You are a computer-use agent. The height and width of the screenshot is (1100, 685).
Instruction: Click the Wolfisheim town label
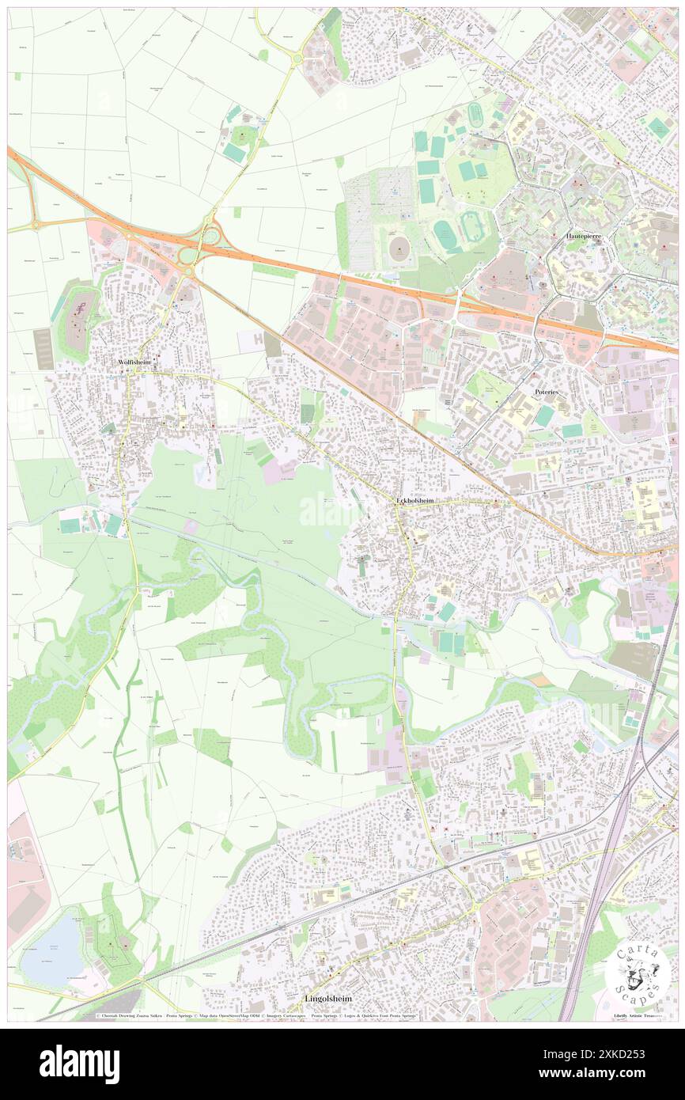pyautogui.click(x=134, y=362)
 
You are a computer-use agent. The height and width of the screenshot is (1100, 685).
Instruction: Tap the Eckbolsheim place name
pyautogui.click(x=414, y=501)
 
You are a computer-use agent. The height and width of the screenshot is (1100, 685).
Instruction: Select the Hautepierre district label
pyautogui.click(x=584, y=237)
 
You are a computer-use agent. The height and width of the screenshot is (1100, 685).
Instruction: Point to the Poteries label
pyautogui.click(x=547, y=391)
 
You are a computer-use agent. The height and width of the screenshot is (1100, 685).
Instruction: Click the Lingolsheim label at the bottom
pyautogui.click(x=328, y=999)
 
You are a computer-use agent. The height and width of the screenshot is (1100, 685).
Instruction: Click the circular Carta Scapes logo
pyautogui.click(x=638, y=973)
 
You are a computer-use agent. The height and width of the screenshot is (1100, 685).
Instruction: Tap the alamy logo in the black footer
pyautogui.click(x=79, y=1064)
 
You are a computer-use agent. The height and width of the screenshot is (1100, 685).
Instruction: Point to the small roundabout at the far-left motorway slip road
pyautogui.click(x=35, y=226)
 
